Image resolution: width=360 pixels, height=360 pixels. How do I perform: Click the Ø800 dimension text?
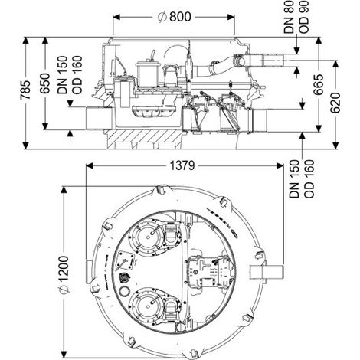pos(175,17)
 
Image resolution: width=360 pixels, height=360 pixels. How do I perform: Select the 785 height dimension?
pos(25,90)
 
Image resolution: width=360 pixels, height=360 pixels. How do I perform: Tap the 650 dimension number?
pos(45,83)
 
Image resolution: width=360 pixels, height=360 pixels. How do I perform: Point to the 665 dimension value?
pos(319,85)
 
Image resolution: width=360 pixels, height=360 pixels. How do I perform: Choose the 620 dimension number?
pos(335,103)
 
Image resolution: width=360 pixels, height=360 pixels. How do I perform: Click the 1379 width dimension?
pos(182,165)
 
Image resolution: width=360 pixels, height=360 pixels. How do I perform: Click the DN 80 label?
pos(289,17)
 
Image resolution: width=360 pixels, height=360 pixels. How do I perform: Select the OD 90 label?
pos(304,17)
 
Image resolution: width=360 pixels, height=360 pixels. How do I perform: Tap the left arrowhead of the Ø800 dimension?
pos(116,17)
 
